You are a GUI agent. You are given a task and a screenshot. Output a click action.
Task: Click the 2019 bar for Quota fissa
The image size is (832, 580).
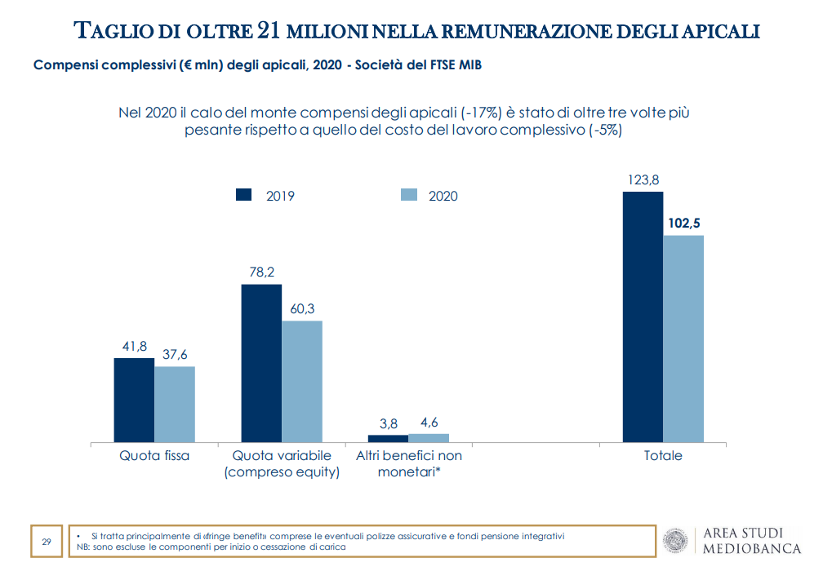coord(134,400)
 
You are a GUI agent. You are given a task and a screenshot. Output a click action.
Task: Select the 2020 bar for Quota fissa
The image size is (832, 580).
coord(175,404)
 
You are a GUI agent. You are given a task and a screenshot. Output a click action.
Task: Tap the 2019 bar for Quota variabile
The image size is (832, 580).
coord(261,363)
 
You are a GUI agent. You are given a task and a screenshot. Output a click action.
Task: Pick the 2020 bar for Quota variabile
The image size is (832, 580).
coord(302,381)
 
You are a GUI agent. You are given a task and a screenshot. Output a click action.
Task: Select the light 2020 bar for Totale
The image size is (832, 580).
coord(683,339)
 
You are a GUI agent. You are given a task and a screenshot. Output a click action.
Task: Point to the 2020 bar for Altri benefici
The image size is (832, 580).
coord(429,438)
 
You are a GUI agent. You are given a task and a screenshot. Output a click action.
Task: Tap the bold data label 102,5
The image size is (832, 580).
coord(684,223)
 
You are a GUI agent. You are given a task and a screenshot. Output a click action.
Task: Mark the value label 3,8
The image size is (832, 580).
coord(389,423)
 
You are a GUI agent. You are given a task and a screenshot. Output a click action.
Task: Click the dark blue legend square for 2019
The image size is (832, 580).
coord(243,195)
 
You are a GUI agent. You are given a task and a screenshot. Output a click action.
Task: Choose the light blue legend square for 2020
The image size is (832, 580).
coord(408,195)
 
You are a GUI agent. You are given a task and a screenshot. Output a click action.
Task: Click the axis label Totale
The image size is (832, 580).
coord(663,456)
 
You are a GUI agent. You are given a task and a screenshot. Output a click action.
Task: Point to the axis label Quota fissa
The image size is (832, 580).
coord(154,456)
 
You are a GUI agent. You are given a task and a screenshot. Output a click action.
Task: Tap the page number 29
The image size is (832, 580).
coord(47,542)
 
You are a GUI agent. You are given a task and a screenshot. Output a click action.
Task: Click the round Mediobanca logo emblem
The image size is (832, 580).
coord(675,541)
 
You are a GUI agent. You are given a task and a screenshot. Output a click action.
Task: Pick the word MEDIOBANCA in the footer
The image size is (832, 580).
coord(752,549)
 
